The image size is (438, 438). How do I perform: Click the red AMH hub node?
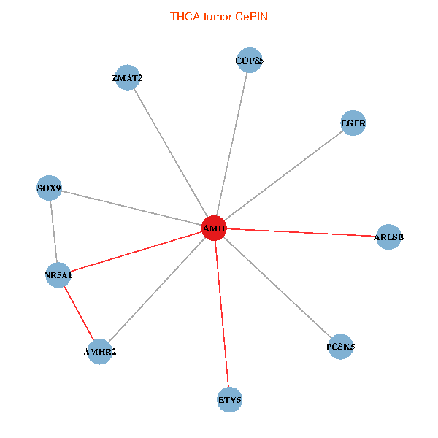(214, 228)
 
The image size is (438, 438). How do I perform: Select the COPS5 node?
(249, 61)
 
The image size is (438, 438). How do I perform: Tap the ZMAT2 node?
(127, 78)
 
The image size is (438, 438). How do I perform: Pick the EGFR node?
(353, 123)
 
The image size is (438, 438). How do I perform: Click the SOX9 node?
(50, 189)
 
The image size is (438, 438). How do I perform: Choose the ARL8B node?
(388, 237)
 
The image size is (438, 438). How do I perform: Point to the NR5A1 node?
(58, 275)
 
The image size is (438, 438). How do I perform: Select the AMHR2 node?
(99, 352)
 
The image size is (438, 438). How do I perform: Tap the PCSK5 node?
(340, 347)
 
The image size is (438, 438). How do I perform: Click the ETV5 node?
(230, 400)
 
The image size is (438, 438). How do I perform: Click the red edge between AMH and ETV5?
(222, 314)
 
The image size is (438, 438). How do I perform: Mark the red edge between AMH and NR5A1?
(136, 252)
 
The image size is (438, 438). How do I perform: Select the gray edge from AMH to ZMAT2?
(171, 153)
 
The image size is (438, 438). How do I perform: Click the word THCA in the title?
(183, 16)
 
